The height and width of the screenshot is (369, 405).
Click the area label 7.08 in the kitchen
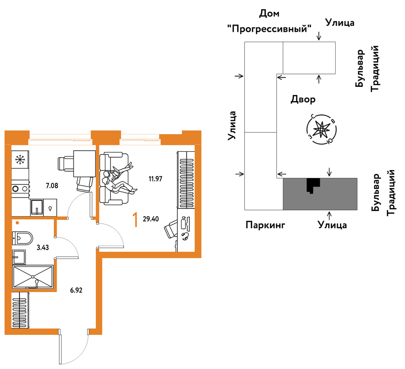tap(52, 186)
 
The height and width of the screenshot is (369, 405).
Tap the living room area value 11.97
tap(155, 179)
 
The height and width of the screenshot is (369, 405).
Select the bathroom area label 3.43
tap(43, 247)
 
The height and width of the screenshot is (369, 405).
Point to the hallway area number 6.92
tap(76, 290)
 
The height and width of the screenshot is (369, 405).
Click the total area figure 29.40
tap(151, 219)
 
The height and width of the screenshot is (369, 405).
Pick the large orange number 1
tap(135, 220)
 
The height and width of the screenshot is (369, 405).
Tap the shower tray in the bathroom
tap(33, 277)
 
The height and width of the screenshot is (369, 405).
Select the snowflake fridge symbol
tap(20, 160)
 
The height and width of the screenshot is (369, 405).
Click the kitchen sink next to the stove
tap(37, 207)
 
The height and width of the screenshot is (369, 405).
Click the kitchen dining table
tap(84, 163)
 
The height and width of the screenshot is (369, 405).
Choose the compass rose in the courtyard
tap(321, 129)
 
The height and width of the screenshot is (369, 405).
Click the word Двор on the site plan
tap(303, 100)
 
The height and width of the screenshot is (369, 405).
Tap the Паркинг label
tap(265, 225)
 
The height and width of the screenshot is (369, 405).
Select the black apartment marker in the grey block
tap(312, 185)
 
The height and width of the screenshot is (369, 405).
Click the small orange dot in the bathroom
tap(17, 223)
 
